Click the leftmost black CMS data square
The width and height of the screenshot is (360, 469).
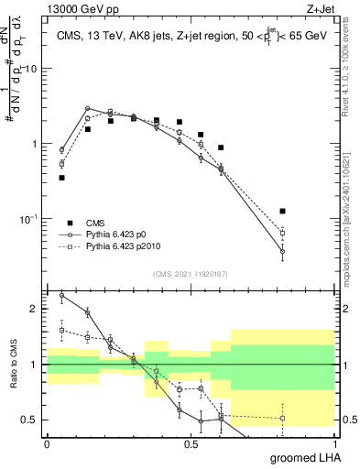[61, 178]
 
